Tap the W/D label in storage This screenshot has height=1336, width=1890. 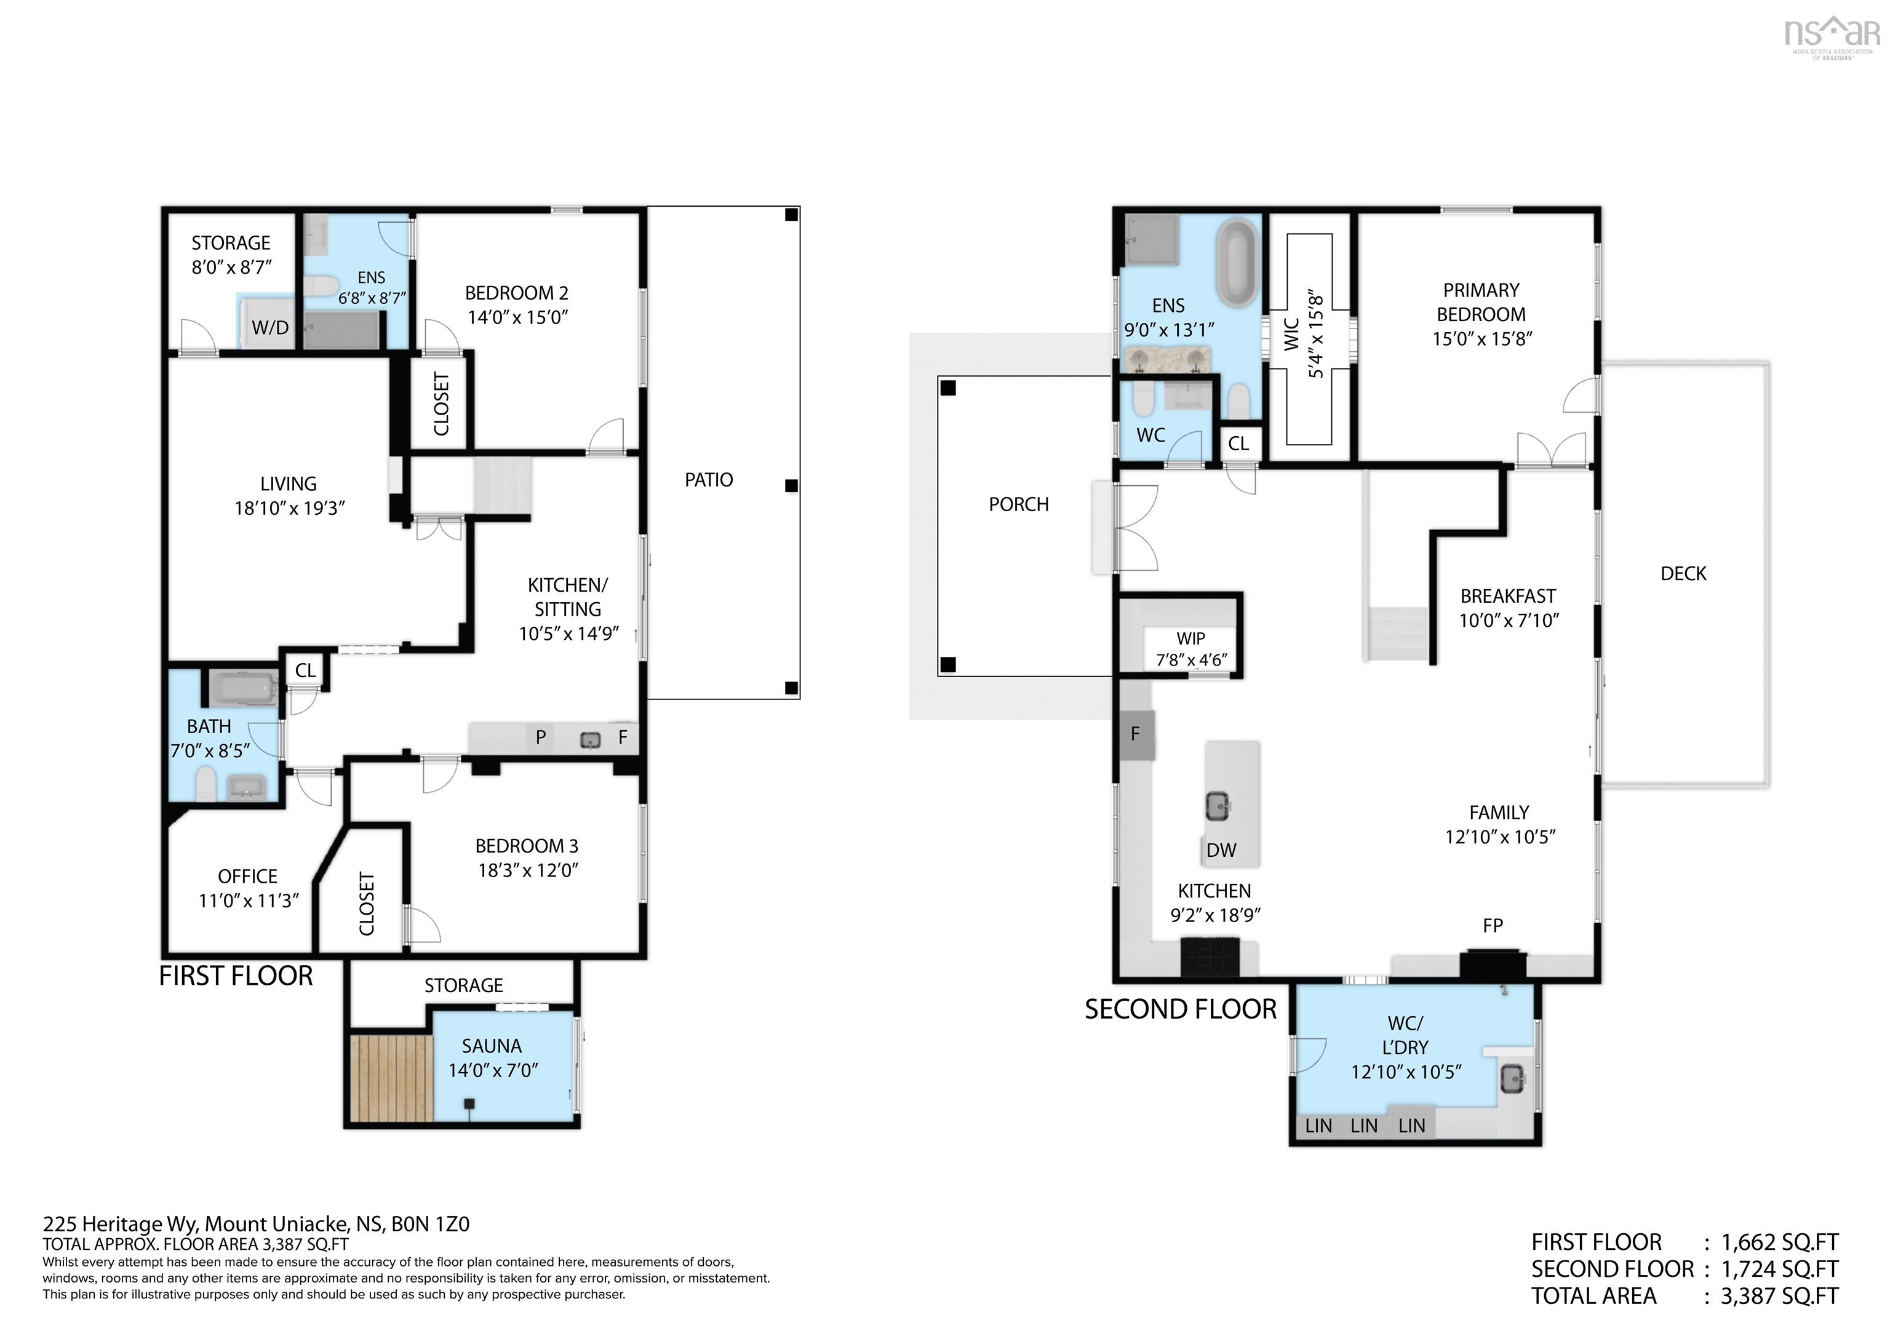[270, 328]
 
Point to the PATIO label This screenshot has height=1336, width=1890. [709, 480]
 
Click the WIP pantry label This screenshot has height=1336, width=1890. [1190, 638]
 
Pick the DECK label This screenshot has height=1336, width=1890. [1683, 574]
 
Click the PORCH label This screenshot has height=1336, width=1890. [1018, 504]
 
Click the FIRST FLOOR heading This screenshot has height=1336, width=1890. [236, 976]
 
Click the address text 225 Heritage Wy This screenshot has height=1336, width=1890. [122, 1224]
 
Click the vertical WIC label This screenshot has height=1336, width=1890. [1291, 334]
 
